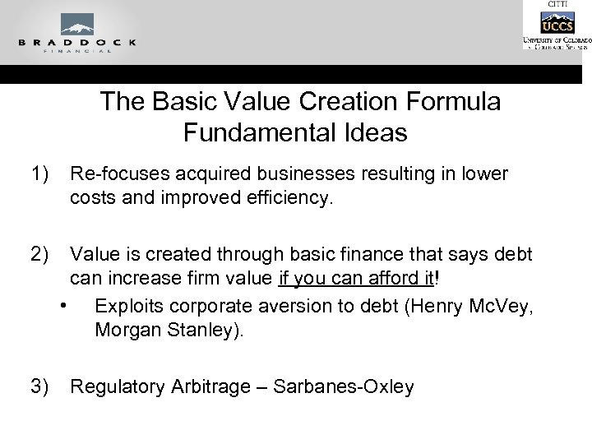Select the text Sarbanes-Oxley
click(344, 386)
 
